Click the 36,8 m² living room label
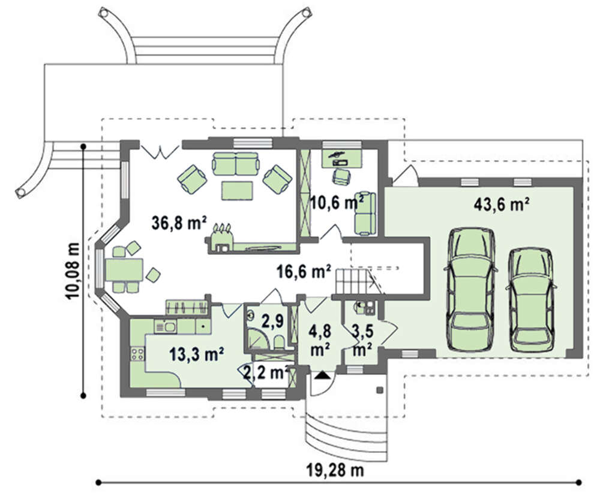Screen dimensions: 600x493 179,223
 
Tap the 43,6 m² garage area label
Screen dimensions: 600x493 502,205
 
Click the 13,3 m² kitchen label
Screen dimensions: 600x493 197,354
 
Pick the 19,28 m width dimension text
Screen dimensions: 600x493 335,470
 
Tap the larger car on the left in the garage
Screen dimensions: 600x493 470,289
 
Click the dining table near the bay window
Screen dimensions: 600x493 124,270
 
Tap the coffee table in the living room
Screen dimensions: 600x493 237,191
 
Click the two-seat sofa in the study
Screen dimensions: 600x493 365,213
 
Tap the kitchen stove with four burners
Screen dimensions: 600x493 137,354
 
